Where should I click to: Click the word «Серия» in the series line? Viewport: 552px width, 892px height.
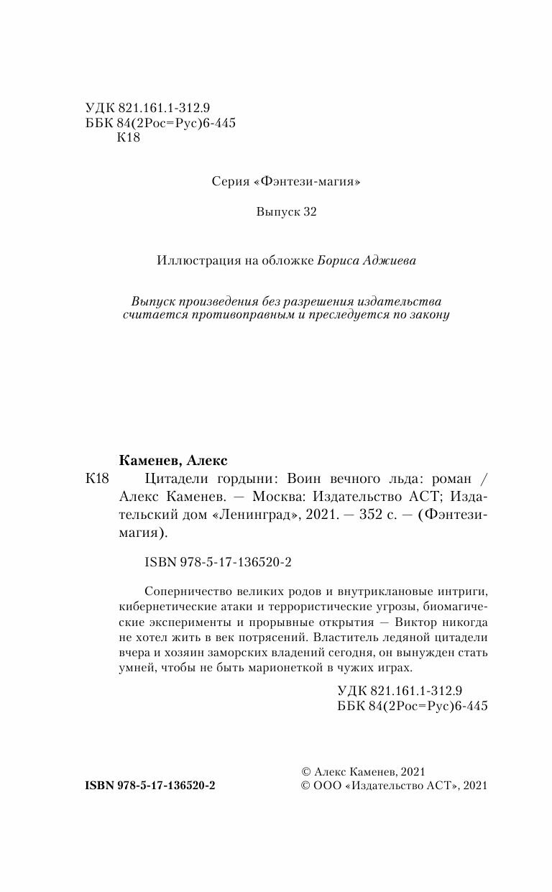point(231,182)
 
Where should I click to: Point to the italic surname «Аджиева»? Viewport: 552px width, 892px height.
point(389,261)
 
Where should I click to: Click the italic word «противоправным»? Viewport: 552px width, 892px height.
point(249,316)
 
